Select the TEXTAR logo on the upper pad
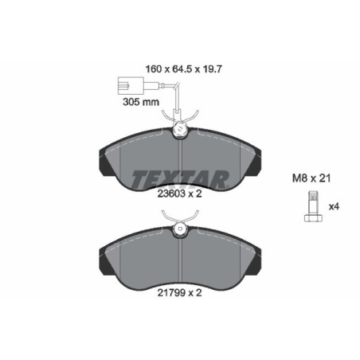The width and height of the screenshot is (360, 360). click(x=180, y=178)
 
